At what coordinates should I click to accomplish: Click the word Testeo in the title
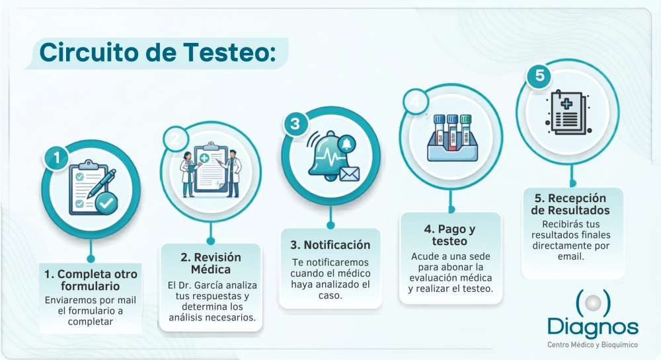[x=230, y=53]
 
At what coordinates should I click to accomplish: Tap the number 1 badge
[x=57, y=158]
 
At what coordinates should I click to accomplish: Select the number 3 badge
[x=295, y=124]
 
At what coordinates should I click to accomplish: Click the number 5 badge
[x=539, y=76]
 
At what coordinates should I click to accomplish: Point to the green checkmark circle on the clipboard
[x=106, y=204]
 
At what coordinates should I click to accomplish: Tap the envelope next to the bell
[x=350, y=174]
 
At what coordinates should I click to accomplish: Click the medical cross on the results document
[x=566, y=103]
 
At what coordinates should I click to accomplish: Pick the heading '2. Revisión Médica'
[x=211, y=263]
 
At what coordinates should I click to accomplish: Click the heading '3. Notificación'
[x=330, y=245]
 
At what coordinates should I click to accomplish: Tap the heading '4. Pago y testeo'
[x=449, y=235]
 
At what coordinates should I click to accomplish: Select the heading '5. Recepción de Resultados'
[x=570, y=204]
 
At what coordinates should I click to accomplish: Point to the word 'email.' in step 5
[x=571, y=256]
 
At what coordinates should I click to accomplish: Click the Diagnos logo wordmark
[x=593, y=327]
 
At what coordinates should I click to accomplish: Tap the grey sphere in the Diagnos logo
[x=593, y=303]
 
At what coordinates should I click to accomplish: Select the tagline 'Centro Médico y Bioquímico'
[x=592, y=345]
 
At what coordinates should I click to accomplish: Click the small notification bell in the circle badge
[x=346, y=144]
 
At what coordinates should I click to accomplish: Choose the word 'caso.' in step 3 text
[x=330, y=295]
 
